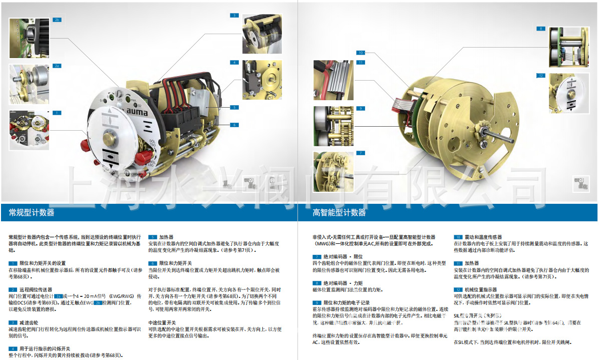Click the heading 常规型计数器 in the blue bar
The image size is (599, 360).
32,213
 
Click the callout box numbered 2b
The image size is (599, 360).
57,20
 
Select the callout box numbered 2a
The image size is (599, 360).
57,66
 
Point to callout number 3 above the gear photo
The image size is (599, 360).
234,16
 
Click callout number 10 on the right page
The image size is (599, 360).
361,53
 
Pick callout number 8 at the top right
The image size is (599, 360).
540,29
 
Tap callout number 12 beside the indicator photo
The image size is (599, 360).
540,76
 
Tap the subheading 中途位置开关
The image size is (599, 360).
162,322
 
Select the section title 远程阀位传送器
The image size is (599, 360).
36,289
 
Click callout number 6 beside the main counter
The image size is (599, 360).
234,125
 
